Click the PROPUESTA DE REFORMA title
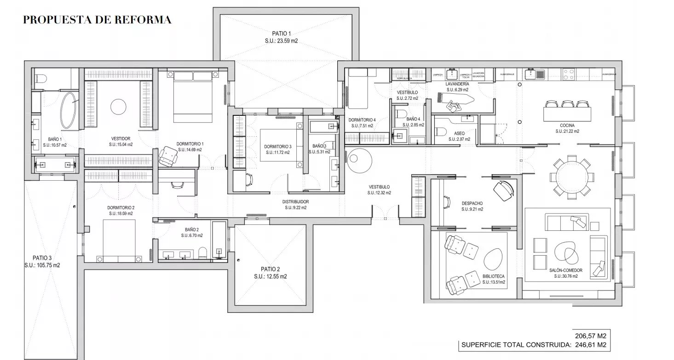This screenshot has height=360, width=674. [97, 20]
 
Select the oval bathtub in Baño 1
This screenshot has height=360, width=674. [69, 111]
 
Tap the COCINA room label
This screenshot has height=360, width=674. [567, 125]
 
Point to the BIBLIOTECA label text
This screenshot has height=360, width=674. [493, 276]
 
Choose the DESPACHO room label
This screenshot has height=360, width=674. [472, 203]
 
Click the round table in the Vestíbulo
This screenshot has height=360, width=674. [360, 159]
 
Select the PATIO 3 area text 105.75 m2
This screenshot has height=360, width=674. [42, 265]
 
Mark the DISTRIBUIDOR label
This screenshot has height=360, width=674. [295, 202]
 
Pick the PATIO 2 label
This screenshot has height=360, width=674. [270, 269]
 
